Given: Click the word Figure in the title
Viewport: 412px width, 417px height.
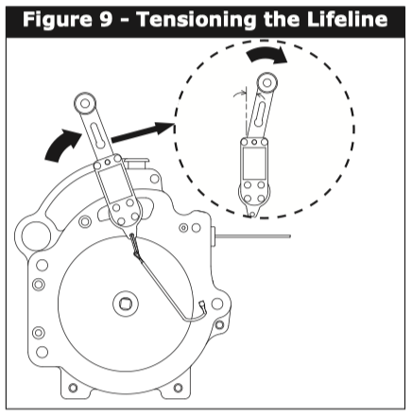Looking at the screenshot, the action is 59,20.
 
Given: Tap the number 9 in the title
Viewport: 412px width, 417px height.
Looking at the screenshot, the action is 106,19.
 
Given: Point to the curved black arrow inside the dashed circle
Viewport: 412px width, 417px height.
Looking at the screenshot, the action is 267,54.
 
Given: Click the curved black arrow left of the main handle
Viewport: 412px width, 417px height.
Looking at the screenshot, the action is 61,144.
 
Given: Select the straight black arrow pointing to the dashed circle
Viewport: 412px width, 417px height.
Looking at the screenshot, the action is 143,133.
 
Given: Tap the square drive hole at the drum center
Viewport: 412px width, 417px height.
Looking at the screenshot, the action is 126,304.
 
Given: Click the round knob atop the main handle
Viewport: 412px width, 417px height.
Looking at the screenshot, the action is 85,103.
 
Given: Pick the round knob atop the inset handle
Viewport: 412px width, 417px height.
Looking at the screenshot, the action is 267,83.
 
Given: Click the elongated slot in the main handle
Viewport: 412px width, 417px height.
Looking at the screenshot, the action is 97,135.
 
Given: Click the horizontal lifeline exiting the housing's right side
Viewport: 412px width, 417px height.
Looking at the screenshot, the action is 252,235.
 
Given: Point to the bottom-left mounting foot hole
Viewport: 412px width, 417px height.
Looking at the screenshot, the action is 73,388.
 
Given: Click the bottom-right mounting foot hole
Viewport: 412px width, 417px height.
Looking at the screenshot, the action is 179,388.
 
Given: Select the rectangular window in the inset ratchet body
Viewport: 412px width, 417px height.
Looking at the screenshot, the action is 254,164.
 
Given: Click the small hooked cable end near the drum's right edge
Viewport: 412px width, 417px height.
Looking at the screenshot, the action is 201,307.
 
